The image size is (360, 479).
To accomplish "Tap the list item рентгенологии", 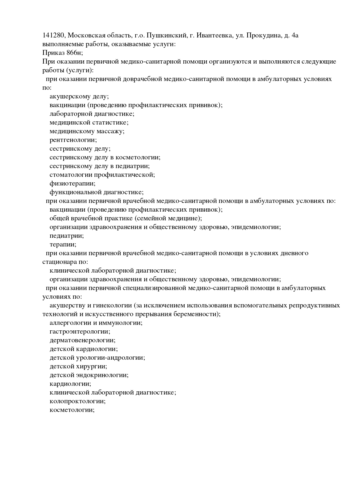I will click(x=73, y=140).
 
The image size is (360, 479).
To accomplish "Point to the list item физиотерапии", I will click(x=73, y=183).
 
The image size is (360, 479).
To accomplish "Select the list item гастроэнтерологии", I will click(x=80, y=332).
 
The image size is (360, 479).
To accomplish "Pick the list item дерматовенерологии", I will click(x=82, y=340).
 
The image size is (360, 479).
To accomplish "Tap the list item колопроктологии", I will click(x=78, y=401).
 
